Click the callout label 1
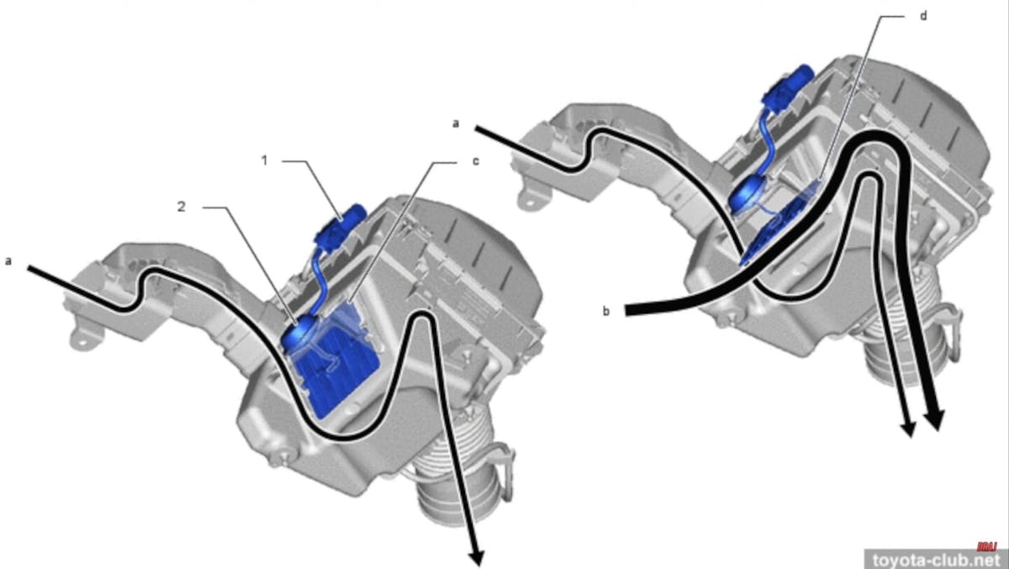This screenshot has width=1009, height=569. pos(263,160)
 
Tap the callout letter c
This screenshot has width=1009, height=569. pos(475,161)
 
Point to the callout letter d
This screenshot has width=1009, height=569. pos(922,17)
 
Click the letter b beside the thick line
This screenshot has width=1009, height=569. pos(605,311)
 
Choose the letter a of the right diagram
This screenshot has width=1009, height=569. pos(456,123)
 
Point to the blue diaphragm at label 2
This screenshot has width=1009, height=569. pos(297,335)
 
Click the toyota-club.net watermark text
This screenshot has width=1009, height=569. pos(935,559)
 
